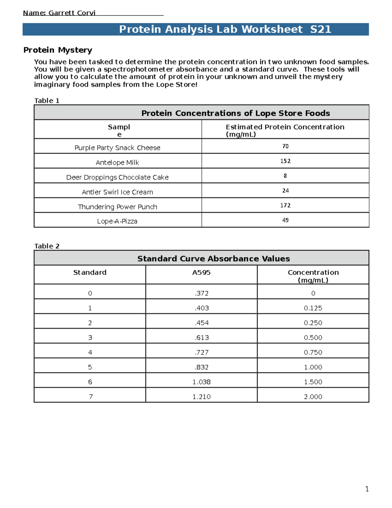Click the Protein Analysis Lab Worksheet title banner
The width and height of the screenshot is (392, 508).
coord(225,29)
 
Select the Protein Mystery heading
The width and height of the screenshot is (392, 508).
coord(58,50)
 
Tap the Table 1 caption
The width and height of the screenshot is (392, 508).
coord(47,101)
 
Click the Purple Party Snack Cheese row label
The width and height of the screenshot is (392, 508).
coord(117,148)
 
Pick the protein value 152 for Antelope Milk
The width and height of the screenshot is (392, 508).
coord(285,161)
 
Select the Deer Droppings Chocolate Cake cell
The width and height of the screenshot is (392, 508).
coord(117,177)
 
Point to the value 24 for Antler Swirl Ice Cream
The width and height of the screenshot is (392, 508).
coord(285,190)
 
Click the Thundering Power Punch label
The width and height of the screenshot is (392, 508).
coord(117,207)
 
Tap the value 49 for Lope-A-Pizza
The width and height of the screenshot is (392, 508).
coord(285,220)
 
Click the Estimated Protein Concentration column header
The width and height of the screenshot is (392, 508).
coord(285,130)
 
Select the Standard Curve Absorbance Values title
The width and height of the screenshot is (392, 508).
coord(213,258)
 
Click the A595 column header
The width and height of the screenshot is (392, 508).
coord(201,272)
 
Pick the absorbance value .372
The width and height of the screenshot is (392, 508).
coord(202,293)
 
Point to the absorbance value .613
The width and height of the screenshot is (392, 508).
coord(202,338)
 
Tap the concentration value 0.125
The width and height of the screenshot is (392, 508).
coord(313,308)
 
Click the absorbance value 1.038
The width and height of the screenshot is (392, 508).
coord(202,382)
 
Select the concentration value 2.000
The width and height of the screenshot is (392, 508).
coord(313,396)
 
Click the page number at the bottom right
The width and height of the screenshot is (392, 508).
coord(367,489)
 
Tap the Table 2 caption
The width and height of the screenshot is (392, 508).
coord(47,246)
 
